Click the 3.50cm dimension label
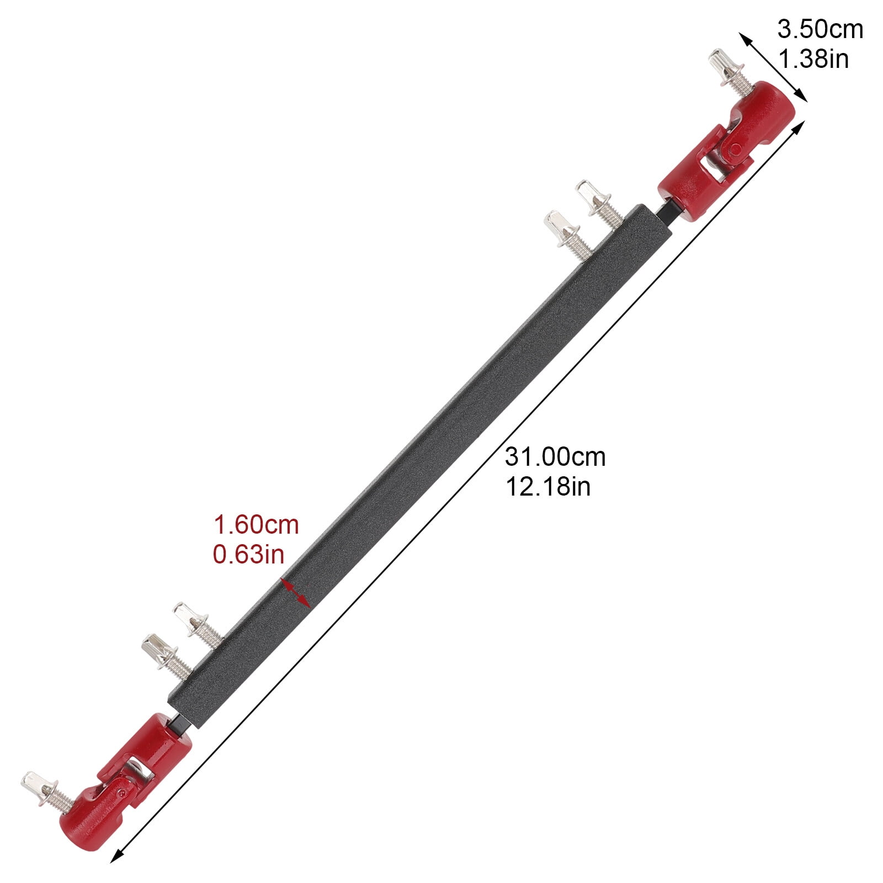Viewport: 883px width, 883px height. click(x=820, y=29)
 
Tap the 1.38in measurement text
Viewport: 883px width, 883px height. click(x=813, y=58)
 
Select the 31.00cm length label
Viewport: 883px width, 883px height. click(x=555, y=457)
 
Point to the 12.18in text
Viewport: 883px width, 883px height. click(x=548, y=487)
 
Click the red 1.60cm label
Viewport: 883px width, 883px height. click(x=256, y=525)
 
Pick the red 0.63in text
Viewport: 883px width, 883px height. click(x=249, y=555)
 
